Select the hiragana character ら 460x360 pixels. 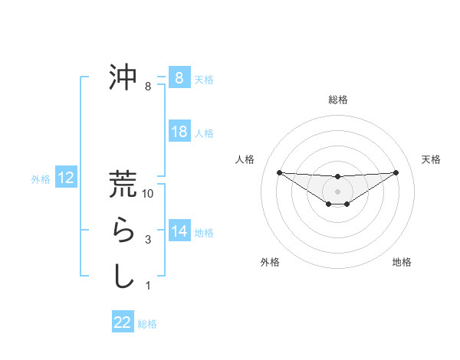pyautogui.click(x=123, y=230)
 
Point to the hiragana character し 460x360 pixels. pyautogui.click(x=123, y=276)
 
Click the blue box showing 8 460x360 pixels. pyautogui.click(x=179, y=77)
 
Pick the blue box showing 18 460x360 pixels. pyautogui.click(x=179, y=132)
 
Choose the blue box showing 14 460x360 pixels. pyautogui.click(x=179, y=231)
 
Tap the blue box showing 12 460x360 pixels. pyautogui.click(x=65, y=178)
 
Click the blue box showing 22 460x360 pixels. pyautogui.click(x=123, y=322)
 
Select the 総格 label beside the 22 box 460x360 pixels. pyautogui.click(x=147, y=324)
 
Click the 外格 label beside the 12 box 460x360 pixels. pyautogui.click(x=41, y=179)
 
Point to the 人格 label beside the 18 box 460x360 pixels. pyautogui.click(x=204, y=133)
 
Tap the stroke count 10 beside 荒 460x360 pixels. pyautogui.click(x=148, y=195)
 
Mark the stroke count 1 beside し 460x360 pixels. pyautogui.click(x=148, y=286)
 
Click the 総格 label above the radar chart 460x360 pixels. pyautogui.click(x=337, y=100)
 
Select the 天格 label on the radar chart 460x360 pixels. pyautogui.click(x=431, y=159)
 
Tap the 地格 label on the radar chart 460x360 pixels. pyautogui.click(x=402, y=262)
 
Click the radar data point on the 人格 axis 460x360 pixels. pyautogui.click(x=279, y=172)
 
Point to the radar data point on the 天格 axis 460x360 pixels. pyautogui.click(x=396, y=172)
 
